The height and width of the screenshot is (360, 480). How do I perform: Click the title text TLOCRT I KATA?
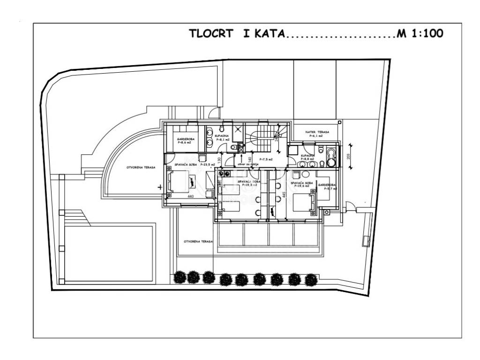[x=236, y=34]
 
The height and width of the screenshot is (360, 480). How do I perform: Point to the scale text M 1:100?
[x=420, y=34]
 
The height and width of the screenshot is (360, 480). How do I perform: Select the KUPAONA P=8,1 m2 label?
[x=222, y=137]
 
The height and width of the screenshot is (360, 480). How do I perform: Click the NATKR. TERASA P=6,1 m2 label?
[x=317, y=134]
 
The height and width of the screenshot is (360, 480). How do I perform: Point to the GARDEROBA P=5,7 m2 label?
[x=328, y=187]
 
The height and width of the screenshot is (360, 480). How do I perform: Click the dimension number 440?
[x=191, y=196]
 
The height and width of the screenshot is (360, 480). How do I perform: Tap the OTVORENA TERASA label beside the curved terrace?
[x=141, y=167]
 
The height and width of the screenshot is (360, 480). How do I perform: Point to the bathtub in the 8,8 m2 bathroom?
[x=332, y=157]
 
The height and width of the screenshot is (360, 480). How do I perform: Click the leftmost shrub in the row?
[x=180, y=277]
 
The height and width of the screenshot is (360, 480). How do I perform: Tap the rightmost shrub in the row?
[x=310, y=280]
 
